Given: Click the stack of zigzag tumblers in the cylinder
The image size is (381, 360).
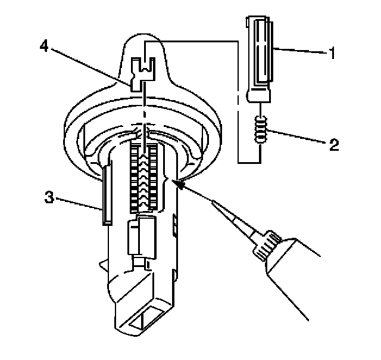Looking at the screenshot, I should [142, 179].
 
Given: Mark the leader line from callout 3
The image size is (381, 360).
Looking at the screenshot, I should [77, 201].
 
